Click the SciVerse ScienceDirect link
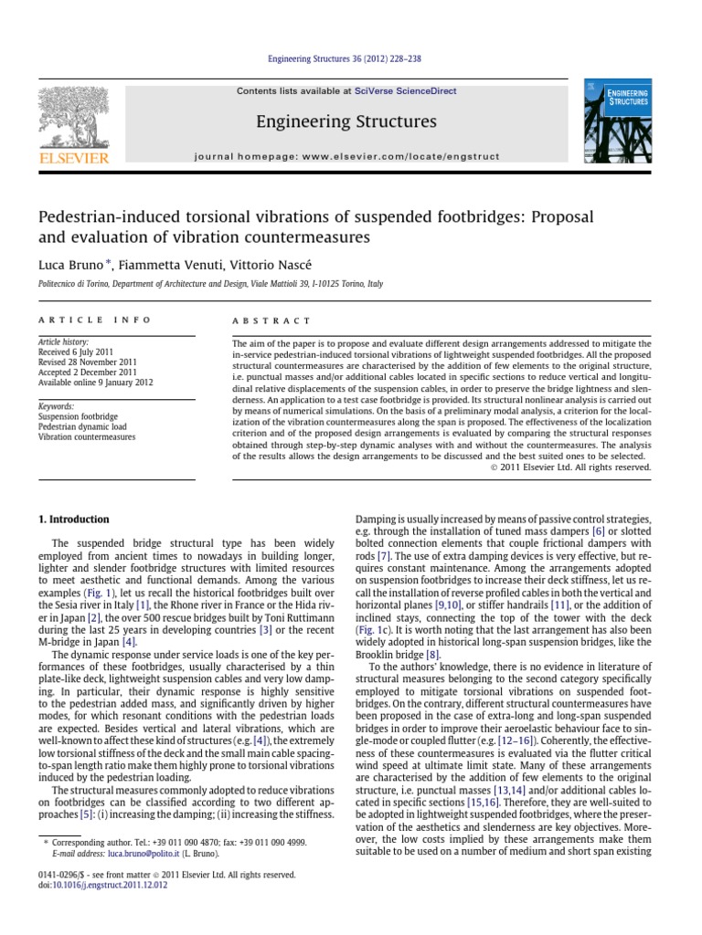[407, 91]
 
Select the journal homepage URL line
[346, 156]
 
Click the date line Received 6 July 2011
[80, 352]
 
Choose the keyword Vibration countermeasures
[87, 436]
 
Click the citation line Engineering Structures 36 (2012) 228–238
[351, 59]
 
